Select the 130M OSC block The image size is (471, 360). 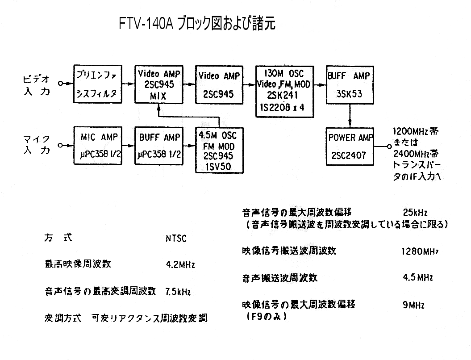(x=284, y=91)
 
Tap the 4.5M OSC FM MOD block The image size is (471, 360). (x=219, y=150)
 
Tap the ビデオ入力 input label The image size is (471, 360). (x=37, y=84)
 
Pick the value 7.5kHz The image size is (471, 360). (x=178, y=292)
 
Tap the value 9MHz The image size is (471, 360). (x=413, y=306)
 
